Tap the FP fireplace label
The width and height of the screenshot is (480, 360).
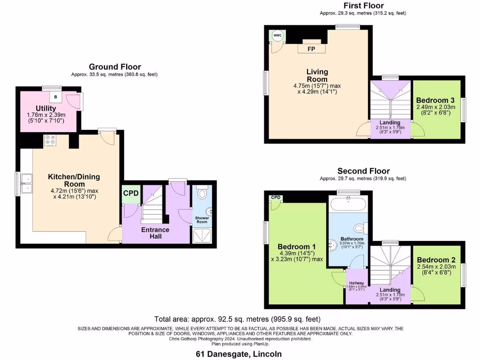tap(311, 49)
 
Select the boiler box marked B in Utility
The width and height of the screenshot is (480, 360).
tap(56, 97)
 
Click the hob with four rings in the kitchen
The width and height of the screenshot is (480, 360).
tap(50, 141)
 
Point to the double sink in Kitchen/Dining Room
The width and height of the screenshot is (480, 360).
tap(26, 183)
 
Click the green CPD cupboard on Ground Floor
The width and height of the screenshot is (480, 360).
tap(131, 194)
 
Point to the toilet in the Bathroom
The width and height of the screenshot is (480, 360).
tap(359, 228)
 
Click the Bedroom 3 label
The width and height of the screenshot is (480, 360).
tap(435, 100)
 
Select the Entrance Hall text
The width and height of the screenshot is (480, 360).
tap(155, 233)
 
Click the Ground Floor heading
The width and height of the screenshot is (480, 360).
tap(115, 67)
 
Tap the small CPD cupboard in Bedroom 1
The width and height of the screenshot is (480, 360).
tap(275, 198)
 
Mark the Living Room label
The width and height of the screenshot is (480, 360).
tap(317, 75)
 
